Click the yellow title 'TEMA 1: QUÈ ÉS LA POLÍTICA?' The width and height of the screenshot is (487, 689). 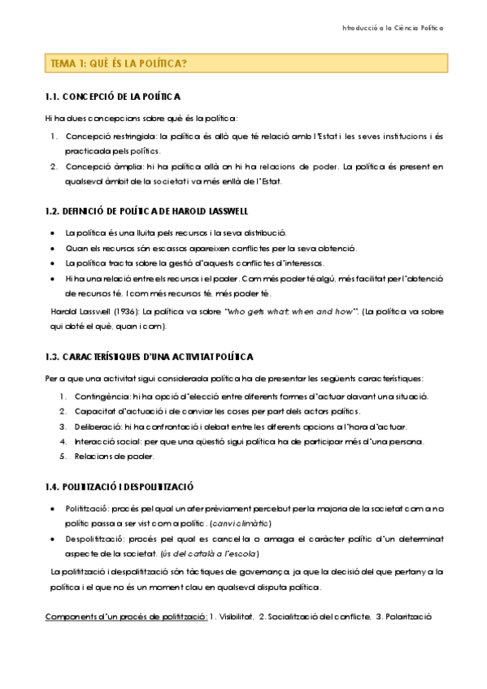click(x=119, y=63)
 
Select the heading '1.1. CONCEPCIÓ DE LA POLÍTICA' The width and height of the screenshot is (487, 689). click(x=113, y=97)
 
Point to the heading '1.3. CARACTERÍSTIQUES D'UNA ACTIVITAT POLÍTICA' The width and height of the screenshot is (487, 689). click(x=150, y=357)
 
